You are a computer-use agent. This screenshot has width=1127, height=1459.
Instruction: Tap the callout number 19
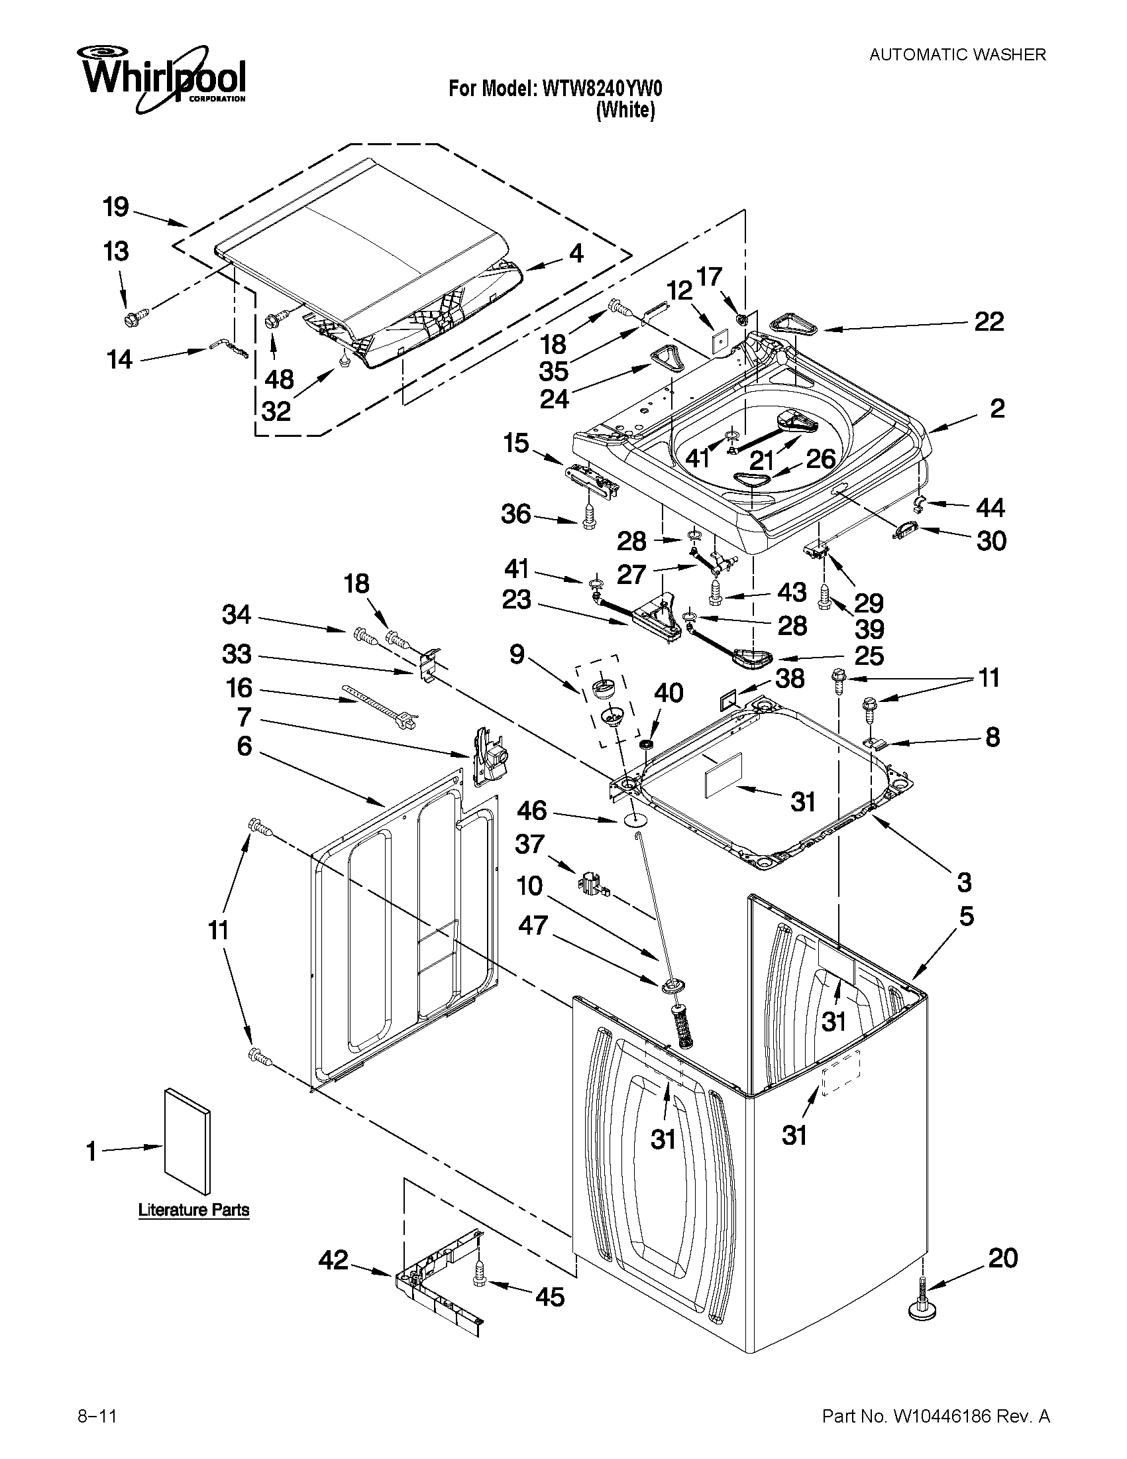(x=115, y=207)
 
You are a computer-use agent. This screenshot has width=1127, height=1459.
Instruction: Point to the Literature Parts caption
(x=193, y=1210)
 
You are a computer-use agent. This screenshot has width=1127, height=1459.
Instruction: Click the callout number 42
(x=333, y=1260)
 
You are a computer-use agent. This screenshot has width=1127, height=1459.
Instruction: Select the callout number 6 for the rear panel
(x=244, y=746)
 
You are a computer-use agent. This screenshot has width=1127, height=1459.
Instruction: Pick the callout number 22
(x=989, y=322)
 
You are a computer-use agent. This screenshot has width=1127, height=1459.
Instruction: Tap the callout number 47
(x=533, y=925)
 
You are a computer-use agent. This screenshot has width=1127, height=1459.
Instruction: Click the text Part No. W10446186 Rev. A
(x=936, y=1411)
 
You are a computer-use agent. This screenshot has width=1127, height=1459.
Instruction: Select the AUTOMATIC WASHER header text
(x=957, y=55)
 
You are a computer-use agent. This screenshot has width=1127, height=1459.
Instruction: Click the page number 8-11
(x=97, y=1411)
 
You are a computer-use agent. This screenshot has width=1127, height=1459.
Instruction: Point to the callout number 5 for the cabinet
(x=967, y=916)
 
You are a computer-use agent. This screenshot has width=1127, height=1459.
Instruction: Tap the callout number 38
(x=790, y=679)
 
